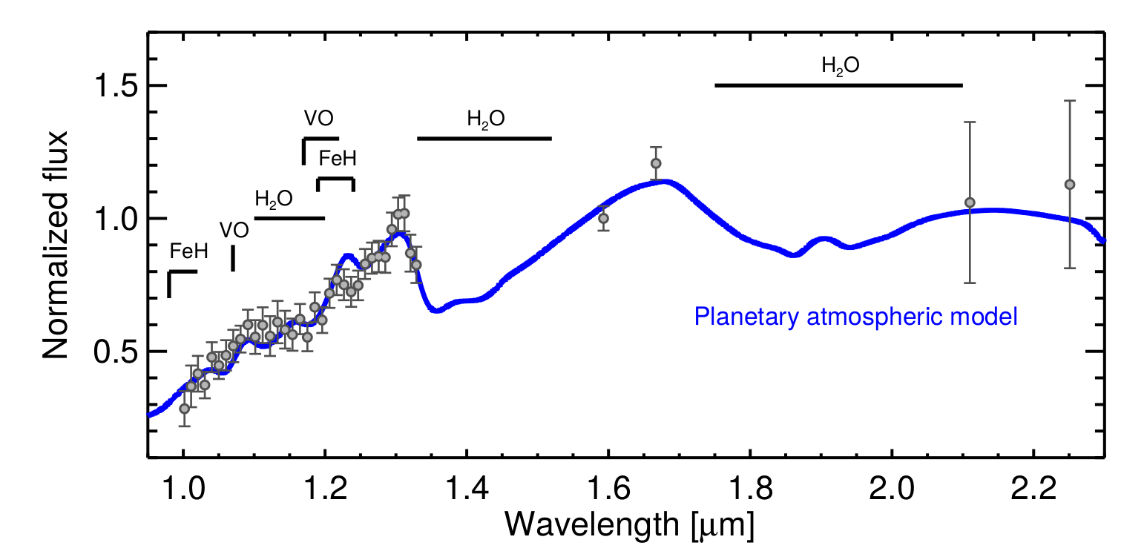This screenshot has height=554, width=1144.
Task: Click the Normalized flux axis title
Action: click(x=56, y=245)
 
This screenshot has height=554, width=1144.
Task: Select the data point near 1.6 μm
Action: click(x=603, y=218)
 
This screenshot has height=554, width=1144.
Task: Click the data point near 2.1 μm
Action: click(x=970, y=202)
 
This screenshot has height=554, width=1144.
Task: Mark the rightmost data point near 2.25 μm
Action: click(x=1069, y=184)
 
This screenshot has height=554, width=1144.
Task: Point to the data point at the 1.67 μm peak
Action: click(x=656, y=163)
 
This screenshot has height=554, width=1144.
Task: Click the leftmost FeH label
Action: click(x=188, y=251)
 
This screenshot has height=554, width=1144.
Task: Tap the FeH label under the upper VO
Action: click(x=338, y=158)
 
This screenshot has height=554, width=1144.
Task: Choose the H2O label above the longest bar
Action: click(x=841, y=65)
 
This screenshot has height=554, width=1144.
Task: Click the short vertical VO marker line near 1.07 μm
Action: click(x=233, y=258)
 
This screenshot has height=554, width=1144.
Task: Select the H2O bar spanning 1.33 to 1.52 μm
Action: click(x=484, y=139)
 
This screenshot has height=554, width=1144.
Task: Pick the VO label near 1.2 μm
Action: click(x=318, y=118)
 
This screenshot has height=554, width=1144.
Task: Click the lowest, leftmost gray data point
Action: click(x=184, y=409)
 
